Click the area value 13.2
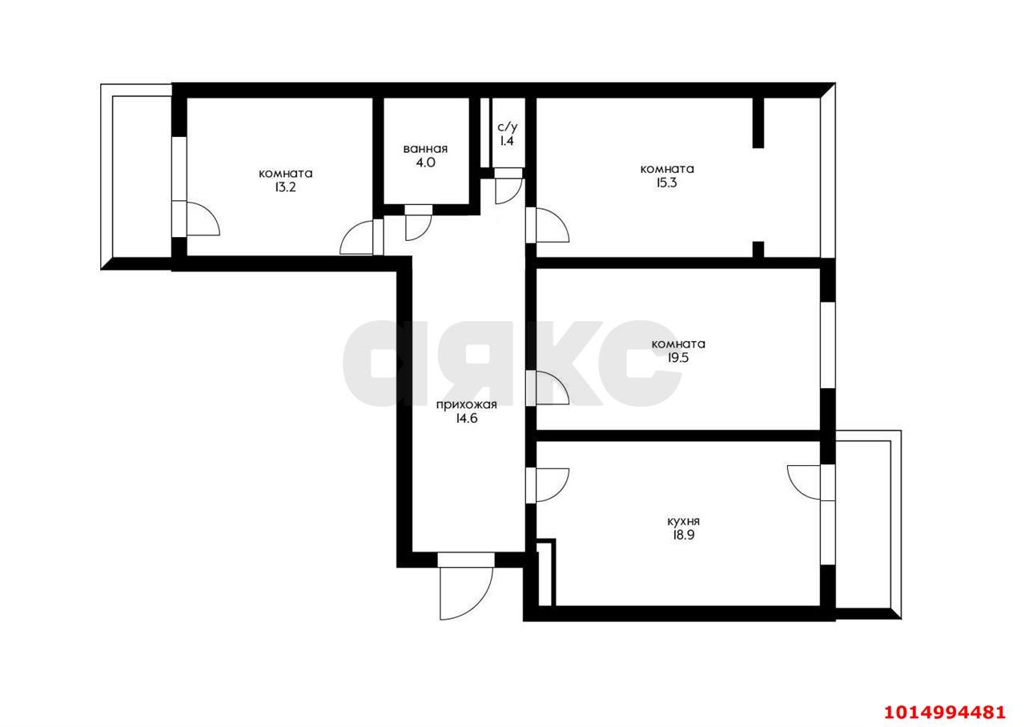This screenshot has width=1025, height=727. click(x=286, y=187)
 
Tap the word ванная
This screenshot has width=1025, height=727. click(x=425, y=149)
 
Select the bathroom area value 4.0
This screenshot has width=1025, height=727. click(x=425, y=163)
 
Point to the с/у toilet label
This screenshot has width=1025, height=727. click(x=507, y=127)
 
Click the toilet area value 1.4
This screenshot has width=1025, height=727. click(x=507, y=141)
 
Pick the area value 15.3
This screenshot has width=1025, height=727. click(x=666, y=183)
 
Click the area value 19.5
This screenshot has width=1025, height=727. click(x=678, y=358)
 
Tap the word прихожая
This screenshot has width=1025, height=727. click(x=466, y=405)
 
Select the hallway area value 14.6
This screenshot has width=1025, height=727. click(x=467, y=418)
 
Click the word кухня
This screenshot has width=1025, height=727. click(x=683, y=521)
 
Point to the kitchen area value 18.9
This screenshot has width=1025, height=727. click(x=683, y=535)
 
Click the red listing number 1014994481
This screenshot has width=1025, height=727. click(x=945, y=713)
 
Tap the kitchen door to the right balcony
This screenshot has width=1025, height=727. click(x=804, y=483)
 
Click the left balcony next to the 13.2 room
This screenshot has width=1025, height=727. click(x=136, y=177)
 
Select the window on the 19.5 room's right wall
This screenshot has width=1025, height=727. click(x=828, y=345)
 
